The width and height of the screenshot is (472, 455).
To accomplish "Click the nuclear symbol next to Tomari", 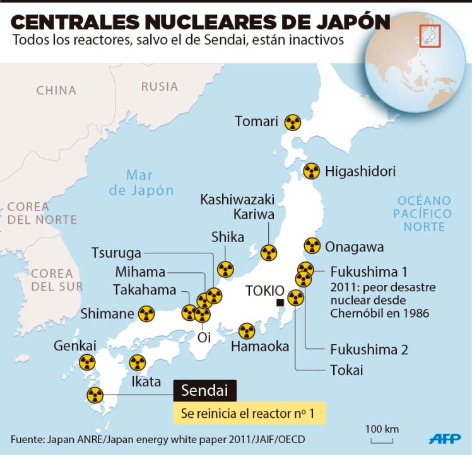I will coord(292,122).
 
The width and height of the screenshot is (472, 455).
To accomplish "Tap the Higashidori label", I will coord(360,171).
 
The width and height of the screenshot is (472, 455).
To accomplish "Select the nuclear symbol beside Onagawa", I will coord(312,246).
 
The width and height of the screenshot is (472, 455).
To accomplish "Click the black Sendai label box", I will coord(205,390).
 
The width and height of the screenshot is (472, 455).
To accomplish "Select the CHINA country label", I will coord(56,91).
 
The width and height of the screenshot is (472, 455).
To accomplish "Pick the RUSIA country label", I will coord(159,87).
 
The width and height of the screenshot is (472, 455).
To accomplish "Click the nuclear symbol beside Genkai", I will coord(86,362).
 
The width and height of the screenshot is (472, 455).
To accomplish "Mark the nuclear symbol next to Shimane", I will coord(146,313).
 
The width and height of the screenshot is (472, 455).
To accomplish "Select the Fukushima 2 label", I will coord(369,349).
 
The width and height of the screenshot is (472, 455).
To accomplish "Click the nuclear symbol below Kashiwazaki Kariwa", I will coord(269,253).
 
